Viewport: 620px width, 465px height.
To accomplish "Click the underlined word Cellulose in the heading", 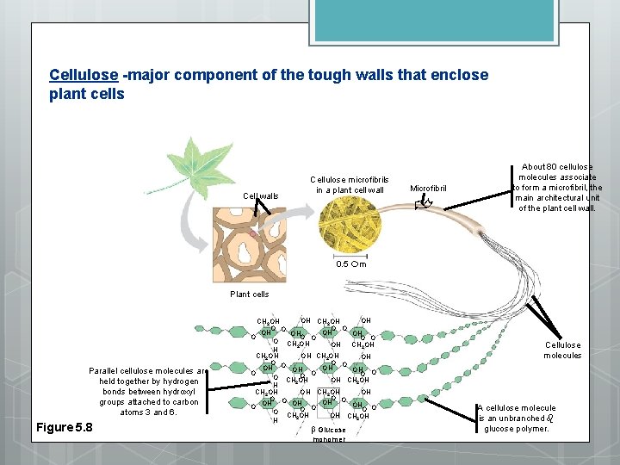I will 84,75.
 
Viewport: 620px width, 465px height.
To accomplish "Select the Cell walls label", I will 260,196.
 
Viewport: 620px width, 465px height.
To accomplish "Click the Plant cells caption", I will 249,294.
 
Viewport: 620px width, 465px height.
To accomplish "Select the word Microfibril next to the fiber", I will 428,189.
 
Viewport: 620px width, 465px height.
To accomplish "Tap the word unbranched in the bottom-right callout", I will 521,418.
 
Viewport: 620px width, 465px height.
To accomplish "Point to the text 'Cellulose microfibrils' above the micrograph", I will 349,179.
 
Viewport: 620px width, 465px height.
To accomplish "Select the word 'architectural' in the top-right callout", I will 542,198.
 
